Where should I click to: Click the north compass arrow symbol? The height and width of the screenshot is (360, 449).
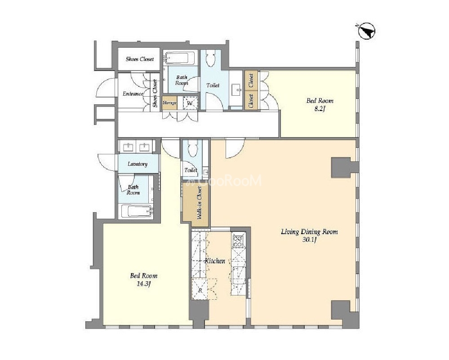click(366, 31)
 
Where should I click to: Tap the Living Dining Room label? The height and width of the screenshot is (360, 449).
click(309, 231)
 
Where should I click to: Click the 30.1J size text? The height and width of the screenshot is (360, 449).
click(309, 240)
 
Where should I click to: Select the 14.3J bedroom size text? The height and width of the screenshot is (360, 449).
click(143, 284)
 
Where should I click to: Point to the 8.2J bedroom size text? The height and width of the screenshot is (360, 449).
click(320, 109)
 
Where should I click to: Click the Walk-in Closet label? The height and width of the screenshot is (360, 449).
click(199, 203)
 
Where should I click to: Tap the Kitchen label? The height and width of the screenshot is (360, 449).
click(215, 261)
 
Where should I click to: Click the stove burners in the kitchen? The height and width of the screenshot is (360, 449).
click(238, 241)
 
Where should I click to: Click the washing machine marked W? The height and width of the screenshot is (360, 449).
click(190, 103)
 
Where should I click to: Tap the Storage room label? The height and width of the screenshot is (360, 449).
click(169, 102)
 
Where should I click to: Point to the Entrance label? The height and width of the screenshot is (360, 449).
click(133, 93)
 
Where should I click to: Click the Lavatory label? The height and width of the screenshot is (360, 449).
click(138, 164)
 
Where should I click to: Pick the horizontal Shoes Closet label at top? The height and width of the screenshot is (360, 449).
click(140, 59)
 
